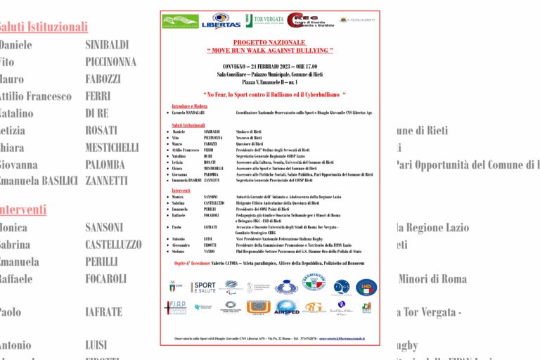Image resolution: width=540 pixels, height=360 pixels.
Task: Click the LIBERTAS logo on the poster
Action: tap(221, 21)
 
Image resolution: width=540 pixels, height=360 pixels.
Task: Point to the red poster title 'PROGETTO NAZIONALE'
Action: tap(269, 42)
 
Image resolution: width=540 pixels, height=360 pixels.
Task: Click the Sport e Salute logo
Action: tap(203, 287)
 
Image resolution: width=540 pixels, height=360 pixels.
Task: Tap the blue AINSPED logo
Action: tap(287, 308)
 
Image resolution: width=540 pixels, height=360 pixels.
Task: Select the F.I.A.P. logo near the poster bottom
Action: tap(175, 308)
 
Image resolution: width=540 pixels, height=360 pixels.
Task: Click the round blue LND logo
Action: tap(366, 287)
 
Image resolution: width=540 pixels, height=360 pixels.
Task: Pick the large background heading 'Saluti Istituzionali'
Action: tap(44, 27)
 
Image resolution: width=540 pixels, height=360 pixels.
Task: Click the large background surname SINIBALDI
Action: tap(107, 45)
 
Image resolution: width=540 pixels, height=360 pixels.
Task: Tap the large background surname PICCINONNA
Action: tap(111, 62)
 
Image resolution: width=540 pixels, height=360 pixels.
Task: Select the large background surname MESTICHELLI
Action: tap(112, 148)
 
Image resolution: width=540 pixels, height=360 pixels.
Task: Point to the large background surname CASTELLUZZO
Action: tap(113, 245)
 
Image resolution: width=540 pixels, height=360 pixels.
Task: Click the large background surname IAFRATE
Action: tap(103, 312)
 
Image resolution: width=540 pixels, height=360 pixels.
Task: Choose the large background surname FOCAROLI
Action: tap(106, 278)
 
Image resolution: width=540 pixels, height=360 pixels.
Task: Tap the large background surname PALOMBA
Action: tap(106, 165)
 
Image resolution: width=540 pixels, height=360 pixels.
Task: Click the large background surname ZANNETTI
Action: tap(107, 181)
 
